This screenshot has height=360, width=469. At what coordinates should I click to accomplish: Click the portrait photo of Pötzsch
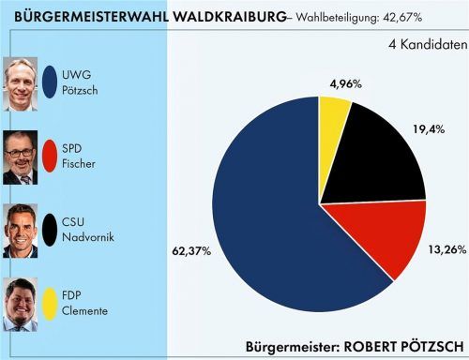[21, 82]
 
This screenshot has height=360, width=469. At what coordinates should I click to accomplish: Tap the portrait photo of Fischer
[21, 157]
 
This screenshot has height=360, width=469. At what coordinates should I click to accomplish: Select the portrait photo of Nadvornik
[21, 230]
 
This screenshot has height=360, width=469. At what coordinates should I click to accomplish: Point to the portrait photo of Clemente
[21, 303]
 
